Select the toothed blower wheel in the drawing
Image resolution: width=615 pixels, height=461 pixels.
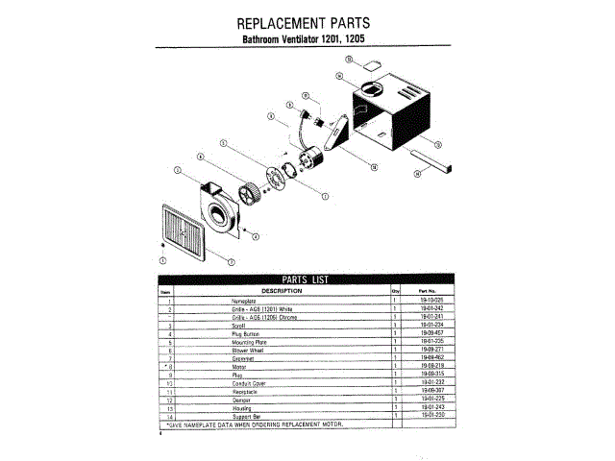(253, 192)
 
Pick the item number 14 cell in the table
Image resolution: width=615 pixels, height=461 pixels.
(168, 415)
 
